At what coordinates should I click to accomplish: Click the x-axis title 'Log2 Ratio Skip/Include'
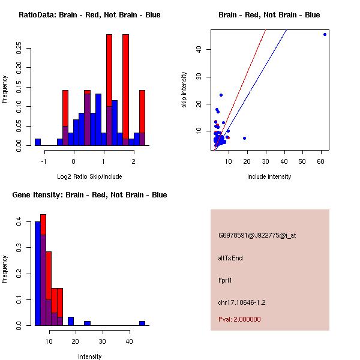(x=89, y=176)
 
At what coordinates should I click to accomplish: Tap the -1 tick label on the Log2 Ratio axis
(x=44, y=161)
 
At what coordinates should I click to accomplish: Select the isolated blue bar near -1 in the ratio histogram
(x=38, y=142)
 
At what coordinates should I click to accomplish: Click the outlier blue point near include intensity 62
(x=325, y=34)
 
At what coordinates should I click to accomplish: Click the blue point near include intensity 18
(x=244, y=138)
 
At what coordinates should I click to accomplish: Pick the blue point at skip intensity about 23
(x=221, y=95)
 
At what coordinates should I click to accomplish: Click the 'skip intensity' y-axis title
(x=185, y=90)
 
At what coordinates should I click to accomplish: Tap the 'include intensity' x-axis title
(x=269, y=176)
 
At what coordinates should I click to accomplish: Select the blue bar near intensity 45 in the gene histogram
(x=142, y=323)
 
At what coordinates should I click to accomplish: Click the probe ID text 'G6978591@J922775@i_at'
(x=257, y=235)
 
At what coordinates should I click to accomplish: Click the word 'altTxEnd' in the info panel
(x=230, y=258)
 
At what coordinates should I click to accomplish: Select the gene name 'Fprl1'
(x=225, y=280)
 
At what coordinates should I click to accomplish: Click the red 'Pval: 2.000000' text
(x=239, y=319)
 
